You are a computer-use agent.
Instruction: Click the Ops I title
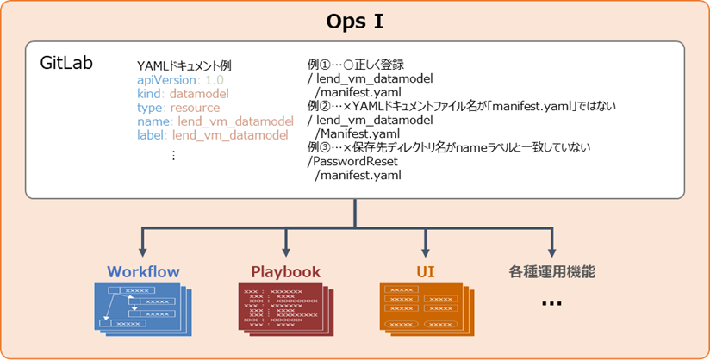point(354,21)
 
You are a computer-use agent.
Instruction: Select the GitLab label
point(67,65)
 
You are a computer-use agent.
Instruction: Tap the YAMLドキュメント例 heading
point(184,65)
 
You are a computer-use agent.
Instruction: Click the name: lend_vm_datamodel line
point(215,121)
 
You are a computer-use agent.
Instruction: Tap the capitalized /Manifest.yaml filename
point(357,133)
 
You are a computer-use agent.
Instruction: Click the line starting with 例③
point(448,147)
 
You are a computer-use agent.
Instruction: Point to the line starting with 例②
point(461,106)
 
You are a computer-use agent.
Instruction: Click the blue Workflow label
point(143,271)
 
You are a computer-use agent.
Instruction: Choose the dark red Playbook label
point(285,271)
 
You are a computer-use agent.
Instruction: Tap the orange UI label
point(425,271)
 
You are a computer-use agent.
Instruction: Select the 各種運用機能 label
point(551,271)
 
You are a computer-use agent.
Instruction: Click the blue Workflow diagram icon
point(143,308)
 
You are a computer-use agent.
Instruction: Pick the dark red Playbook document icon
point(285,308)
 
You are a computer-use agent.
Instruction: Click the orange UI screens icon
point(425,308)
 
